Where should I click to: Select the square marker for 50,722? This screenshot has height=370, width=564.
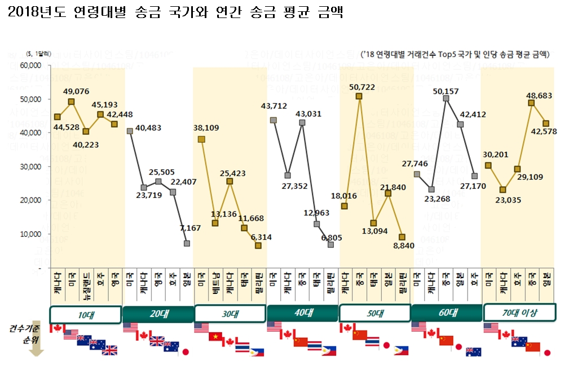tap(359, 96)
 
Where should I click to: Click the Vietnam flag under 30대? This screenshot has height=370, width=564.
tap(215, 337)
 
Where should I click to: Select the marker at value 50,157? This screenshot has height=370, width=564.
tap(446, 98)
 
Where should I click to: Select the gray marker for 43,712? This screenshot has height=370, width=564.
tap(273, 120)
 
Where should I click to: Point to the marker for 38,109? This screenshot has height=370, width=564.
tap(201, 139)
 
